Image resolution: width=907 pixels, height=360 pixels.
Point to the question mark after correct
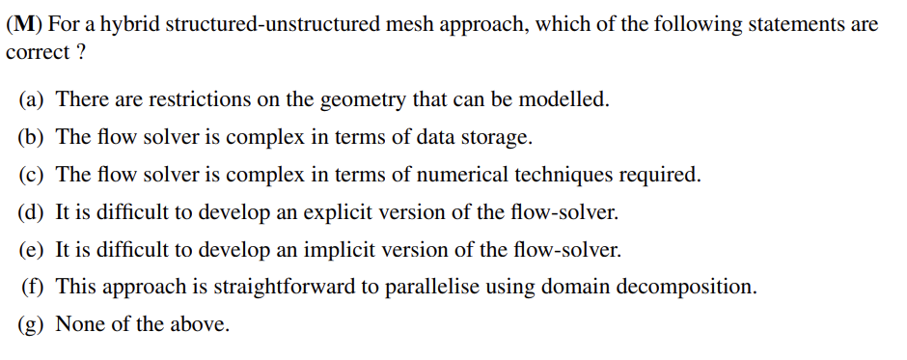[79, 52]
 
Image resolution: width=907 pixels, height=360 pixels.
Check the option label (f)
[33, 288]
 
